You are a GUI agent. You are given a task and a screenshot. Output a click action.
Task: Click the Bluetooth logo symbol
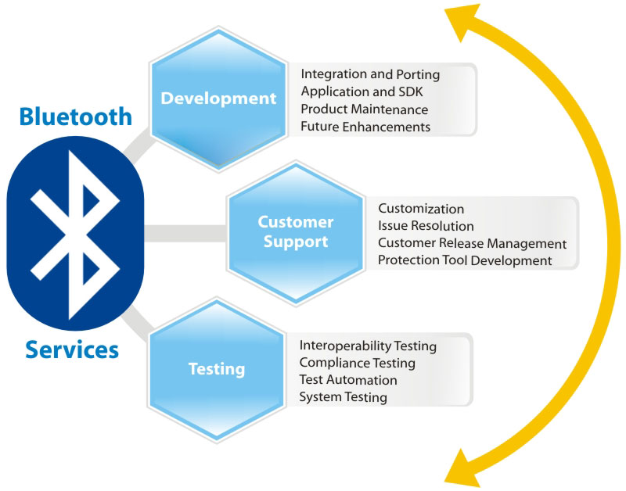[x=75, y=234]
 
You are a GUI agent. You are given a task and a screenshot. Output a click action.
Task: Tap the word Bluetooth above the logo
[x=75, y=116]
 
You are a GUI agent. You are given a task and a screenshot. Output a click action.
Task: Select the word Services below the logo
[x=72, y=349]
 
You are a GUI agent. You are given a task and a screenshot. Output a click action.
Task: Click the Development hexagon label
[x=218, y=98]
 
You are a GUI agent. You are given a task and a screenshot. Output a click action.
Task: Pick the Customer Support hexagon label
[x=296, y=231]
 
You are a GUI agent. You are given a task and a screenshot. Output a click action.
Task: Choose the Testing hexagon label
[x=217, y=369]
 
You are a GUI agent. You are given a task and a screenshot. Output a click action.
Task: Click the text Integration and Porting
[x=370, y=74]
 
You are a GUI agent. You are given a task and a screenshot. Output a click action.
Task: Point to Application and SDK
[x=362, y=91]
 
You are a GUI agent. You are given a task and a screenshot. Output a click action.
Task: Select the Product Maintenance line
[x=364, y=109]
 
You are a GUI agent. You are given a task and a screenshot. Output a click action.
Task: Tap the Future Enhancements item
[x=365, y=127]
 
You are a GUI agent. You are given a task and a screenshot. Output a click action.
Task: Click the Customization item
[x=421, y=209]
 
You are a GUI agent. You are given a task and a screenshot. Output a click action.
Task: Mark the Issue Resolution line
[x=426, y=226]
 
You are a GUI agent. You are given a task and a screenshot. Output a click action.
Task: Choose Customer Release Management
[x=473, y=243]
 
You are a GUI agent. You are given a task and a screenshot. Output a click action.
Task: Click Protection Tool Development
[x=465, y=260]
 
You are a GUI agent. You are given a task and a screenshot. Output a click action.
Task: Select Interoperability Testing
[x=368, y=346]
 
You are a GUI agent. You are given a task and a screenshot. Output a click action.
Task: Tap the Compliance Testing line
[x=358, y=364]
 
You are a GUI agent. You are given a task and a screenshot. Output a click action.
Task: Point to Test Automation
[x=348, y=380]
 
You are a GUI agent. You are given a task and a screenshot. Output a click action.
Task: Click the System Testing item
[x=343, y=397]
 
